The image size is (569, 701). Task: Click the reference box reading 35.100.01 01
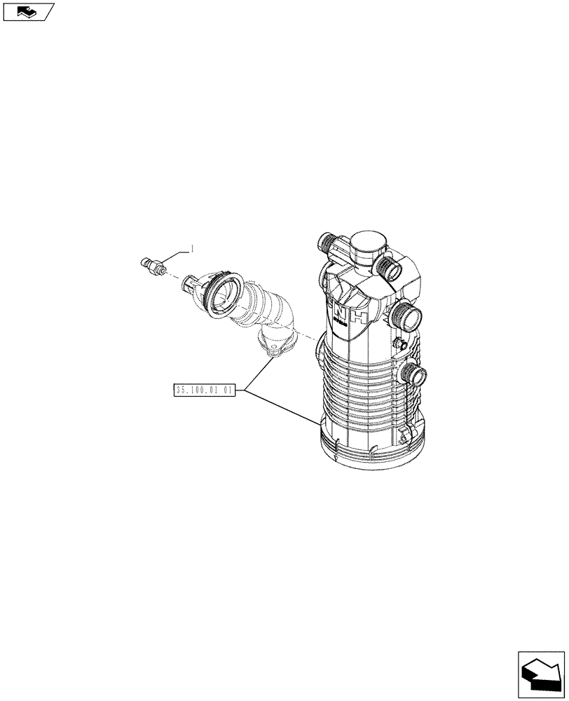tap(206, 390)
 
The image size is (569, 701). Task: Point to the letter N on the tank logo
tap(339, 311)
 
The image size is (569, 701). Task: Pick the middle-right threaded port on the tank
tap(407, 315)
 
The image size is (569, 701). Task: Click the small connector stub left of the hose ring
tap(189, 285)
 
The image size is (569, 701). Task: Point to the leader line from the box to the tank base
tap(280, 406)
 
